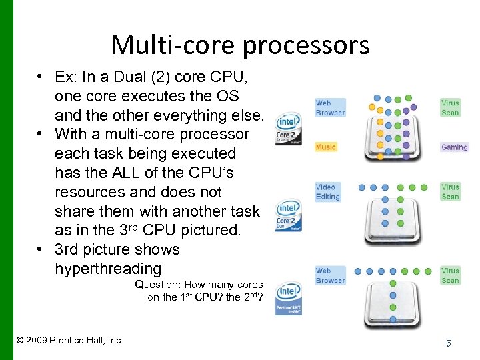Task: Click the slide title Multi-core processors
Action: point(240,45)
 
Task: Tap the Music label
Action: point(326,147)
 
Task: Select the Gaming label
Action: point(454,147)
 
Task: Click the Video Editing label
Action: point(327,192)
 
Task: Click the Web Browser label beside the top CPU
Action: point(330,108)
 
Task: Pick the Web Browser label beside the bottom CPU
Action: point(330,275)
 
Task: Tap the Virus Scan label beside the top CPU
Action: point(450,108)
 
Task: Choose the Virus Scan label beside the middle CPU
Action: point(450,192)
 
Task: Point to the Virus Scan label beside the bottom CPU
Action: point(450,275)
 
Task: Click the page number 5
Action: point(449,343)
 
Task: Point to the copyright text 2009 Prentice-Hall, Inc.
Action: point(69,340)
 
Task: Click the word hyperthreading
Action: point(108,269)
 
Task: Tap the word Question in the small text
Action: point(159,285)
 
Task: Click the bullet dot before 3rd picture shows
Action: point(41,250)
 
